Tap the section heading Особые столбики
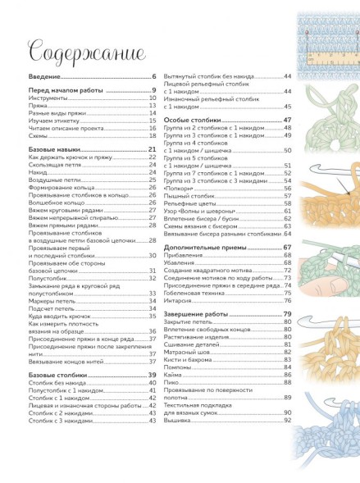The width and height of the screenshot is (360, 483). [x=190, y=120]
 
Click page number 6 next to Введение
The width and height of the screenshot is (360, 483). [x=153, y=76]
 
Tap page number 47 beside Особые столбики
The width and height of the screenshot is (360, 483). [x=288, y=120]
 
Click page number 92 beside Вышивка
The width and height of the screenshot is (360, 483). [x=288, y=420]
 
